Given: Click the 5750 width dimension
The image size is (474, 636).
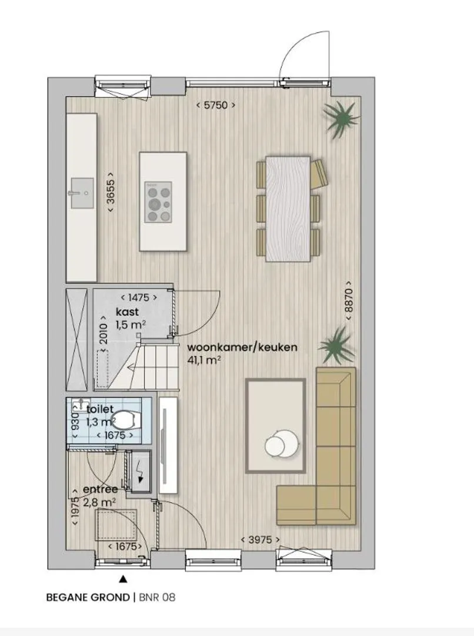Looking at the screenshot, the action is coord(215,105).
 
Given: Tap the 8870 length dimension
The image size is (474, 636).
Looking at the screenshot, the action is coord(349,300).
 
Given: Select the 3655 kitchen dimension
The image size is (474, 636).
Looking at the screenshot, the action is coord(110,192).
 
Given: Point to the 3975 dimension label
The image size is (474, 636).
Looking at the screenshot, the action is coord(260,539).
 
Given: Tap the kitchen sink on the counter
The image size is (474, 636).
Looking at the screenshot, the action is coord(82,193).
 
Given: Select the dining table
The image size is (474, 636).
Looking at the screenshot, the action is coord(288,209).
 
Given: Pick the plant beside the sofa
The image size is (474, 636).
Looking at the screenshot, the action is coord(337,345).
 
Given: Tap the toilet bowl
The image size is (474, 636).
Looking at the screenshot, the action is coord(126,420).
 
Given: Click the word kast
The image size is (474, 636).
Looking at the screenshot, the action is coord(127,312).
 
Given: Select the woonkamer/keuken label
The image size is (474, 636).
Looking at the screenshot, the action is coord(242,347).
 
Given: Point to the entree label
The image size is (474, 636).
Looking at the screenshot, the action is coord(100,489).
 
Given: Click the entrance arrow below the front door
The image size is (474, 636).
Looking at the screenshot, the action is coord(123,579).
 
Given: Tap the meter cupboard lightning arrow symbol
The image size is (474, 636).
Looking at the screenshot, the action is coord(141,472).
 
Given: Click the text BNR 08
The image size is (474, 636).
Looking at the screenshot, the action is coord(157,598).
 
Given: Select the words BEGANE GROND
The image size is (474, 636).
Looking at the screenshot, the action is coord(88,598).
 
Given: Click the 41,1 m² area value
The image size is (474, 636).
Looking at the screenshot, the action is coord(204,360).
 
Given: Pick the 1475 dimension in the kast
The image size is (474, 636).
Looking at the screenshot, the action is coord(138,298).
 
